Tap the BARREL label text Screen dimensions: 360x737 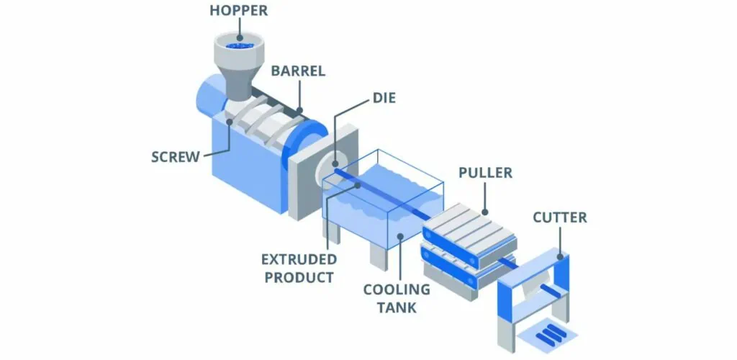pos(299,71)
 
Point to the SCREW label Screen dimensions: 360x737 pos(176,156)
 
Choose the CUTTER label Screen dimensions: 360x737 pos(559,217)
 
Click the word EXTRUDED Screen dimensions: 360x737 pos(299,259)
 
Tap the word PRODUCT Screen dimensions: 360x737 pos(297,277)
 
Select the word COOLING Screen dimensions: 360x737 pos(396,290)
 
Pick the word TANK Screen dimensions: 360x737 pos(396,308)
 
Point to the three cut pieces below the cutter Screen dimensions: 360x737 pos(551,333)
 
